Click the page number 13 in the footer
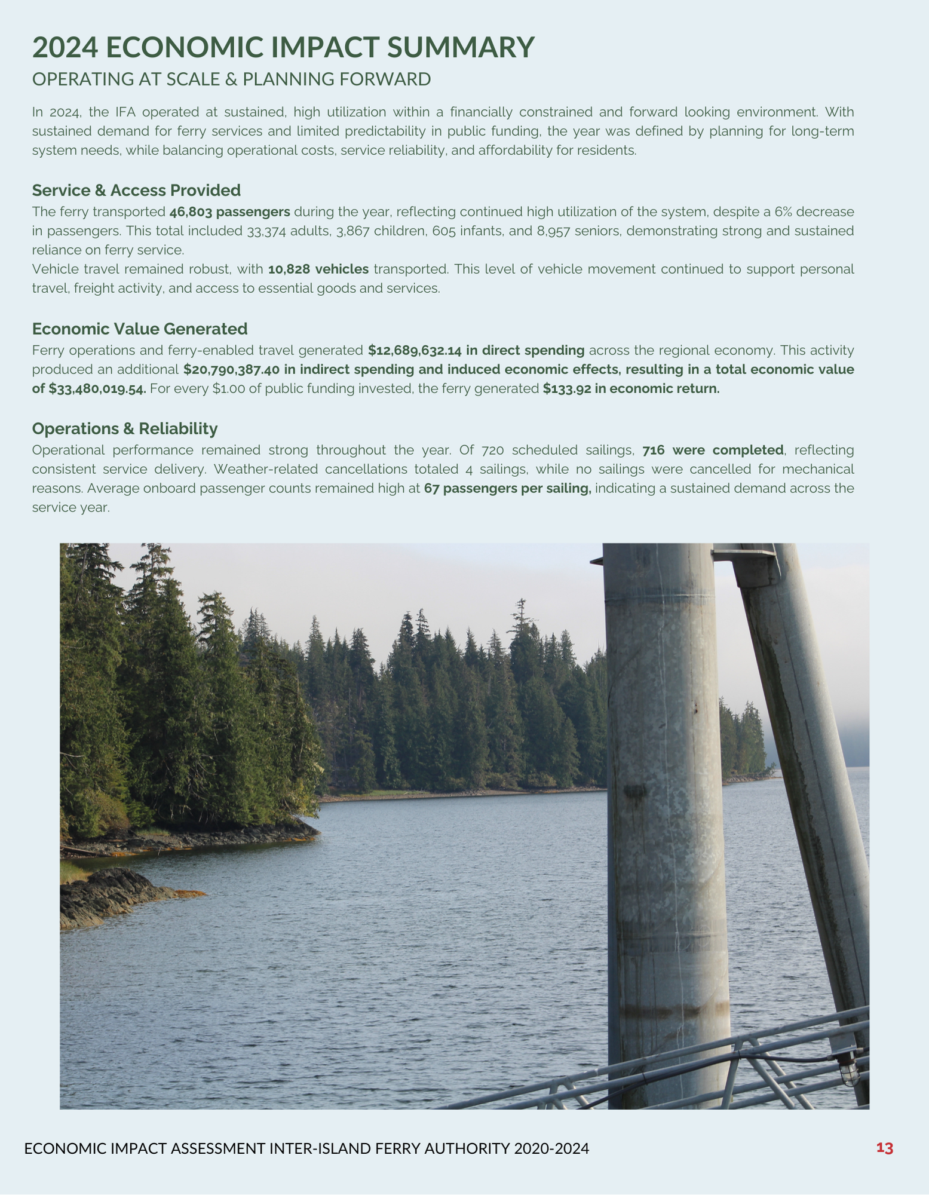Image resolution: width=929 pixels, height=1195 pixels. pos(884,1148)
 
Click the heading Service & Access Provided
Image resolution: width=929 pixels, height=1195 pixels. pos(136,190)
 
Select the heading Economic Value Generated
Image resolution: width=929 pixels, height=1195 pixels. pos(139,329)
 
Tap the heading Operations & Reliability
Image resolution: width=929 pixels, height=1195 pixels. pos(124,428)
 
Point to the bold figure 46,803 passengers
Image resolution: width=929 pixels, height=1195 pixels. pos(229,212)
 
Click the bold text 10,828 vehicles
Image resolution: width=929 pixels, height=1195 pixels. pos(318,269)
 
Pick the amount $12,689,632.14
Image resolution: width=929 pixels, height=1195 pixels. pos(415,350)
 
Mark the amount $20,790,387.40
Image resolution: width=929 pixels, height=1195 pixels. pos(231,369)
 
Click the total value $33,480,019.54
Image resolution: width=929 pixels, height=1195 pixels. pos(97,389)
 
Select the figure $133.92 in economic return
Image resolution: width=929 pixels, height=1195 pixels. pos(631,389)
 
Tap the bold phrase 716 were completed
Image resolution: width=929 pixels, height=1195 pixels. pos(713,449)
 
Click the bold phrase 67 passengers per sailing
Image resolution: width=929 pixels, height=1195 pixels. pos(507,488)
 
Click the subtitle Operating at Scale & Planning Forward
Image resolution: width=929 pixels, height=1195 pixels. pos(231,79)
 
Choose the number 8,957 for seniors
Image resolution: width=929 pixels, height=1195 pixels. pos(553,231)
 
